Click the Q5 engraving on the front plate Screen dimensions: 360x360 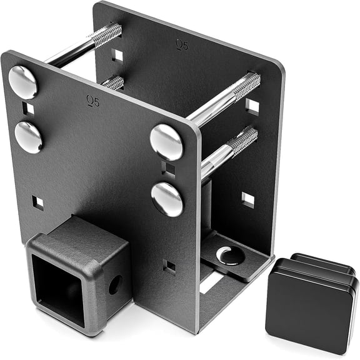click(93, 101)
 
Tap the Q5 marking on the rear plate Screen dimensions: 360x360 click(182, 44)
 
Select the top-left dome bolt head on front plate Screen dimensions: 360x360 click(22, 82)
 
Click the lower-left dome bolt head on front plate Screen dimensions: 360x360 click(29, 137)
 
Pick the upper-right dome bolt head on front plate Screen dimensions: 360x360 click(166, 142)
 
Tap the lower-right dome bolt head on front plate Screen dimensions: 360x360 click(167, 199)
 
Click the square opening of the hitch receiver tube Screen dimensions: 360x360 click(58, 288)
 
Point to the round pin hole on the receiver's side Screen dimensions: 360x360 click(115, 285)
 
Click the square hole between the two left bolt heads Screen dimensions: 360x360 click(28, 108)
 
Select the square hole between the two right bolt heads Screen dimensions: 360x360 click(167, 168)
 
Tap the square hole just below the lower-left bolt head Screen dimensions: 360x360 click(37, 203)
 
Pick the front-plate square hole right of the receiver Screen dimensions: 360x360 click(169, 266)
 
